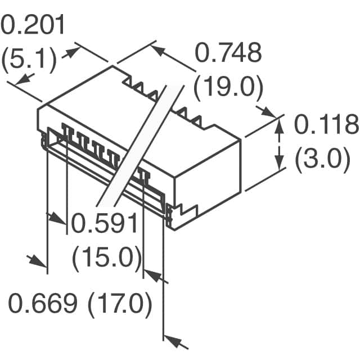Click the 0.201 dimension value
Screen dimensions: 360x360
pos(33,25)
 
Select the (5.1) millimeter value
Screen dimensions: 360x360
pos(29,58)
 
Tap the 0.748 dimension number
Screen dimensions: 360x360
pos(228,52)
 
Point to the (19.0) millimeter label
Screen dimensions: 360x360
pos(228,87)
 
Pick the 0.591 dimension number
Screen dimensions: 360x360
pos(105,223)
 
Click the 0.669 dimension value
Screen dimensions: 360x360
pos(43,303)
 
